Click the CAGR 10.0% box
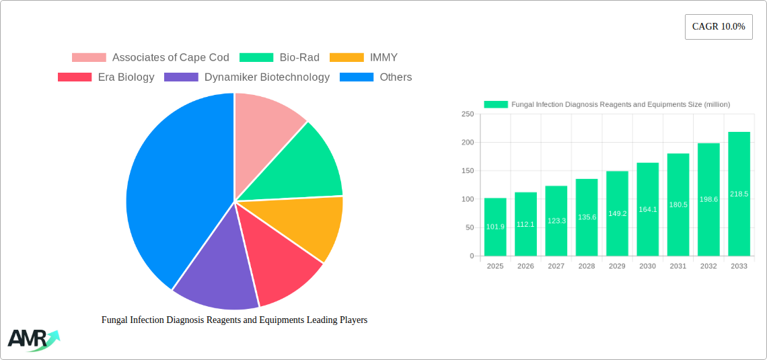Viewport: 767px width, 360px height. (x=719, y=27)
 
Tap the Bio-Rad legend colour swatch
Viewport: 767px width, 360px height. (x=256, y=58)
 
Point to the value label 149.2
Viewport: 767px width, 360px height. (x=617, y=213)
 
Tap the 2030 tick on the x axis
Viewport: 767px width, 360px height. (x=647, y=266)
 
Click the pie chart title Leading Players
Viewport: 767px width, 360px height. (x=234, y=320)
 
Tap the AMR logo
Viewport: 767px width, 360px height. (x=32, y=340)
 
